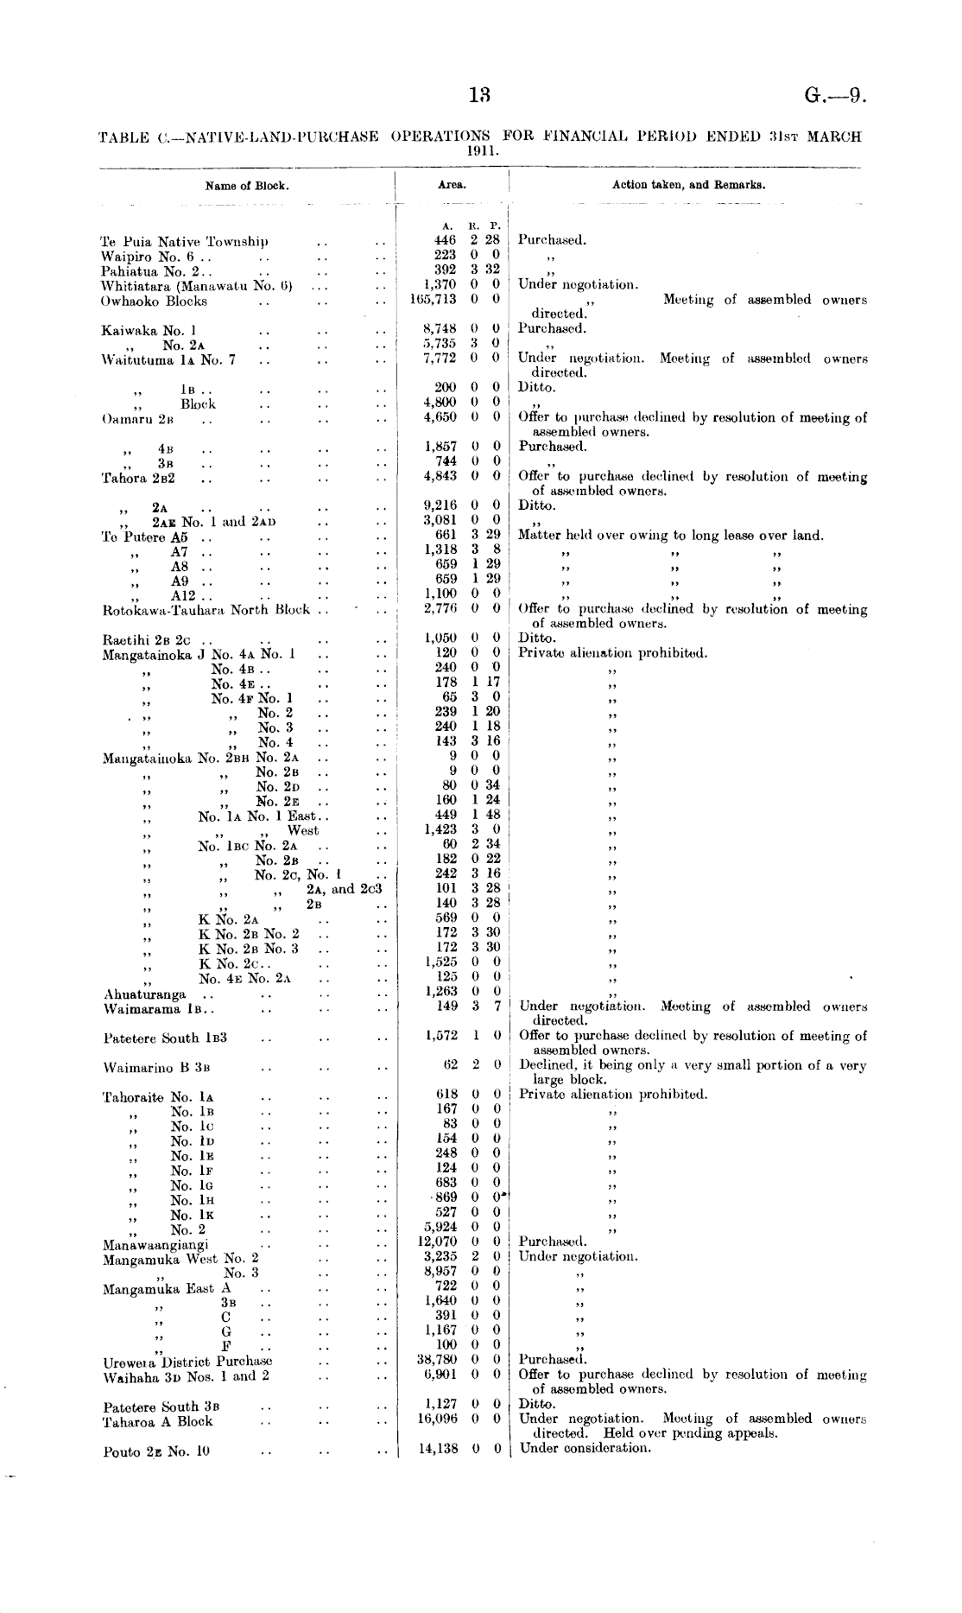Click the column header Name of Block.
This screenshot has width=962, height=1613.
(247, 185)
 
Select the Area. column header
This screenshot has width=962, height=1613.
(452, 185)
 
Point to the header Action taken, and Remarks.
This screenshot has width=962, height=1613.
(688, 185)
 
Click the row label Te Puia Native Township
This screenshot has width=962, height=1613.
(185, 241)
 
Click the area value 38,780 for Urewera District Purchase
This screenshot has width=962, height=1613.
(436, 1359)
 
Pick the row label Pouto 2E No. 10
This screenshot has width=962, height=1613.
(156, 1451)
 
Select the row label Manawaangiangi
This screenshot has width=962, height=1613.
(155, 1245)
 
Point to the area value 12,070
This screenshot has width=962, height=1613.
(436, 1242)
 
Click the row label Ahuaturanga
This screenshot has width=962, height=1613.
(144, 994)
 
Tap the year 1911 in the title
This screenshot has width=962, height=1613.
(479, 149)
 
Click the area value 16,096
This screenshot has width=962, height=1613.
(436, 1418)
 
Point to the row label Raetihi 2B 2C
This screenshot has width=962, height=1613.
(146, 640)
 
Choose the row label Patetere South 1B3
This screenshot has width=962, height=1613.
(165, 1038)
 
